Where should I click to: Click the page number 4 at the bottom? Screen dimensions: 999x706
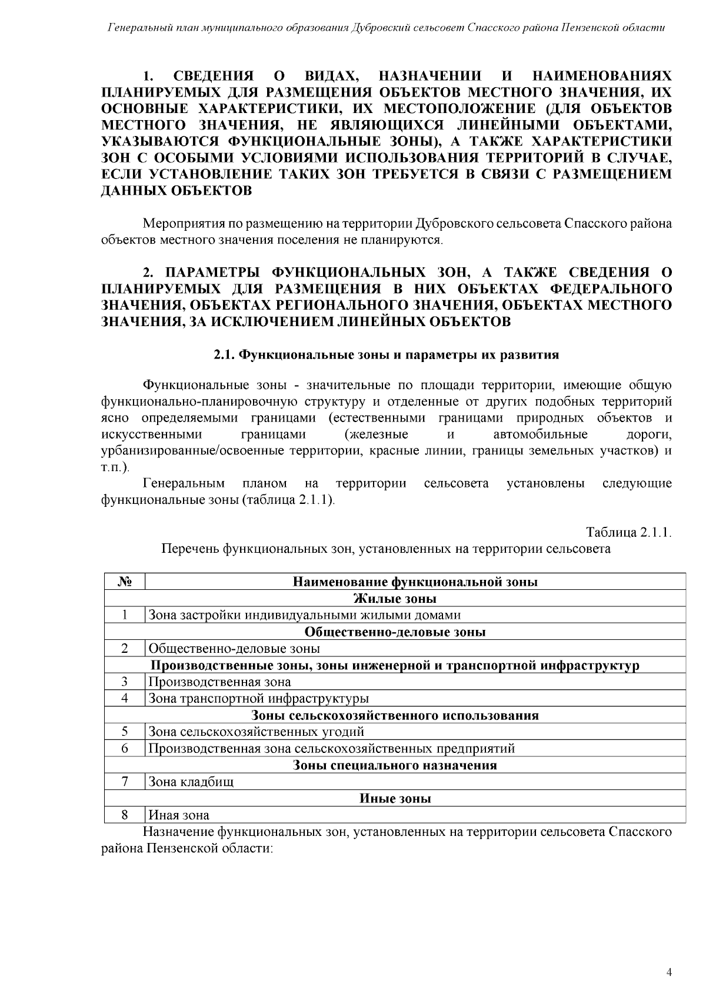pyautogui.click(x=669, y=972)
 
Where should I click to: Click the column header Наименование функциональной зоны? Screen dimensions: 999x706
pyautogui.click(x=415, y=582)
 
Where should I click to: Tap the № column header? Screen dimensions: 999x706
pyautogui.click(x=124, y=582)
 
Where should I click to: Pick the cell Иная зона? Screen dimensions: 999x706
pyautogui.click(x=178, y=815)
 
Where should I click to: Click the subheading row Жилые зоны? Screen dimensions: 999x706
pyautogui.click(x=395, y=599)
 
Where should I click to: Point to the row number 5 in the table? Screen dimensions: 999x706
pyautogui.click(x=125, y=732)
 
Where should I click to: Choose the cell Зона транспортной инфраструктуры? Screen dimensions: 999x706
pyautogui.click(x=258, y=699)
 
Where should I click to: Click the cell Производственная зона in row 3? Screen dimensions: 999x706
pyautogui.click(x=219, y=682)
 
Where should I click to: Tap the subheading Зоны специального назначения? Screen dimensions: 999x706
pyautogui.click(x=395, y=765)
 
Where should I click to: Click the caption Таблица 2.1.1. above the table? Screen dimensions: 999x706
pyautogui.click(x=629, y=533)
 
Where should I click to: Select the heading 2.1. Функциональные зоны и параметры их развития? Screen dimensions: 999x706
pyautogui.click(x=385, y=356)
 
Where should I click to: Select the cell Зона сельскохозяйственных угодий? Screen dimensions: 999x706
pyautogui.click(x=256, y=732)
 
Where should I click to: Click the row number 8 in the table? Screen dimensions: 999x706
pyautogui.click(x=125, y=815)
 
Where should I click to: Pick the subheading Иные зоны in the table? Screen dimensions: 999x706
pyautogui.click(x=395, y=799)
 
